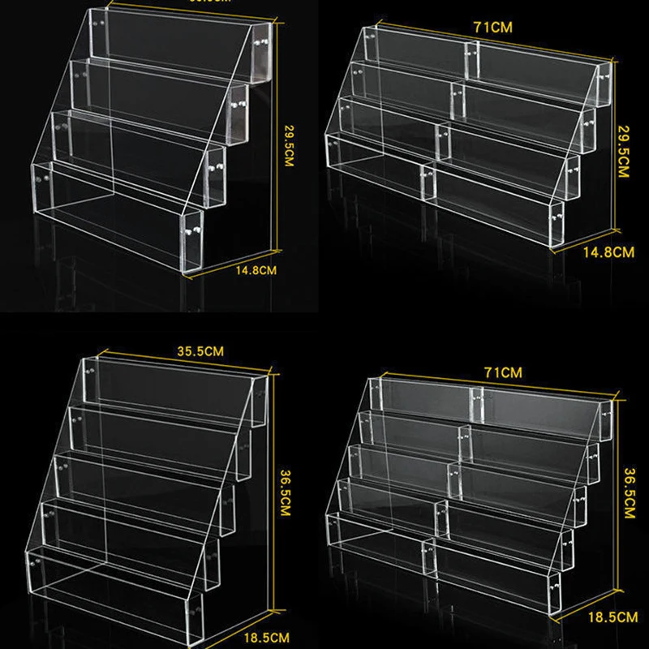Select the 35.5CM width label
point(197,350)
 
